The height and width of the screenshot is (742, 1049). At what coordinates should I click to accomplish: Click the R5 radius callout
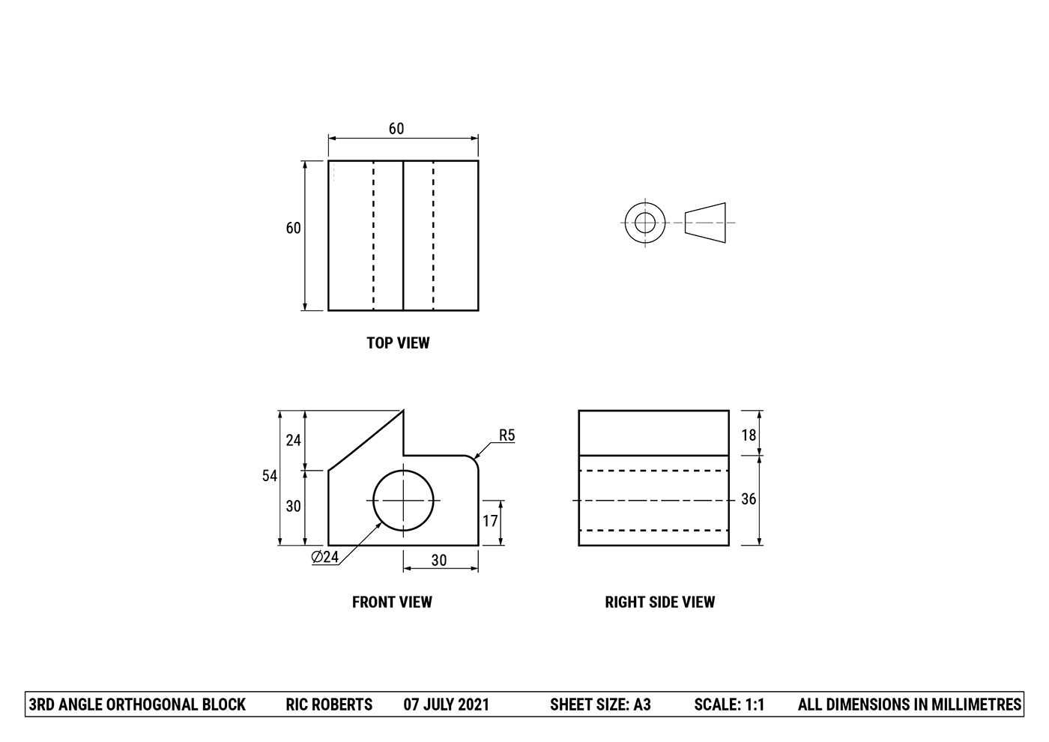[x=507, y=435]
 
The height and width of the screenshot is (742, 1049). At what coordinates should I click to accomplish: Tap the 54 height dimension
[x=270, y=476]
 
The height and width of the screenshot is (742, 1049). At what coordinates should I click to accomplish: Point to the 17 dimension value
[x=490, y=521]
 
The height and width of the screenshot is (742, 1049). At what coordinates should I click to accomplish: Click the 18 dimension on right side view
[x=749, y=435]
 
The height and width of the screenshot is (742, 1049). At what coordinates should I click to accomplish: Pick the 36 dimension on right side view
[x=749, y=499]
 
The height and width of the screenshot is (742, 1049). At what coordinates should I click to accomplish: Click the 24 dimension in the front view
[x=294, y=440]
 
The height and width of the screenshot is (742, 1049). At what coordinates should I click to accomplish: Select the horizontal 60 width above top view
[x=396, y=129]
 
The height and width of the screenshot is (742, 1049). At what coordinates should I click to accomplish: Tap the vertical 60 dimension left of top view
[x=294, y=228]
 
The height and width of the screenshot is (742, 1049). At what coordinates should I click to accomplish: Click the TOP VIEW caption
[x=398, y=343]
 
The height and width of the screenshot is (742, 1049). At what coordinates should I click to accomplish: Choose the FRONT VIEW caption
[x=392, y=602]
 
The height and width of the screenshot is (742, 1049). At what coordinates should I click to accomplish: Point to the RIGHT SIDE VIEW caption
[x=660, y=602]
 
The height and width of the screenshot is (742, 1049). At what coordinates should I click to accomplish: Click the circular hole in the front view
[x=403, y=500]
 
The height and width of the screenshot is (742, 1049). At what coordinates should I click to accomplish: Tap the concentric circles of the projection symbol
[x=645, y=223]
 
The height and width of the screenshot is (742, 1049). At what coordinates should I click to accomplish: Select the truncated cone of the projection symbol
[x=705, y=223]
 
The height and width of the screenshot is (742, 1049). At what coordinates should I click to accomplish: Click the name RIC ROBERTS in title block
[x=329, y=705]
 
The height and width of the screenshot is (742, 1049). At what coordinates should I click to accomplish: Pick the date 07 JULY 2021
[x=446, y=705]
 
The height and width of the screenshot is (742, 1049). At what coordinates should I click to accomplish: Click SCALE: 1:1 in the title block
[x=729, y=705]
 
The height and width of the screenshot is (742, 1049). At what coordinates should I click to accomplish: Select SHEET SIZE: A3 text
[x=600, y=705]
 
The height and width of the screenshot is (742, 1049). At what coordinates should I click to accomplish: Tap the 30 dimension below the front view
[x=439, y=560]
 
